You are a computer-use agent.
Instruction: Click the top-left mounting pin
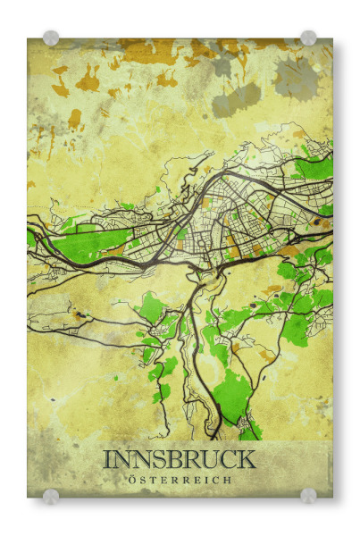(51, 38)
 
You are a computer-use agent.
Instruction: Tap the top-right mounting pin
(308, 38)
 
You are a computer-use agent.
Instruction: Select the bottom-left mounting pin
(51, 496)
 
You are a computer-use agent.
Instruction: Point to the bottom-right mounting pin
(308, 496)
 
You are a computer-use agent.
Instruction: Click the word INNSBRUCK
(180, 459)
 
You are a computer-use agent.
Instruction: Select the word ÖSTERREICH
(180, 480)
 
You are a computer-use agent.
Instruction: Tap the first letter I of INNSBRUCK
(107, 459)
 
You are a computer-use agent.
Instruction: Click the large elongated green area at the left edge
(89, 243)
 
